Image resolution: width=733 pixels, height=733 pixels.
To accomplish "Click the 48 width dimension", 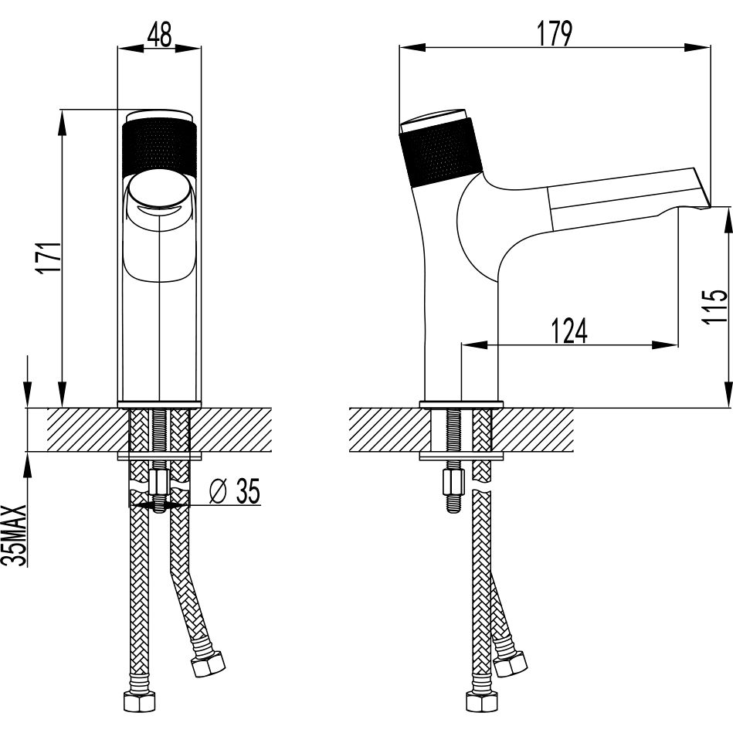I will point(158,34).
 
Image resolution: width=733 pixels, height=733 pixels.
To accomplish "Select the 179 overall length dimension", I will point(554,33).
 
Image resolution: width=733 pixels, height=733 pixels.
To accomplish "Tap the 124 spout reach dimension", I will point(569,330).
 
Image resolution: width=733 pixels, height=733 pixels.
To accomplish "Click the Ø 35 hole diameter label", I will point(234,490).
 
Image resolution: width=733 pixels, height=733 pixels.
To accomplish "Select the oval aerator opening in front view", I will point(158,192).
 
